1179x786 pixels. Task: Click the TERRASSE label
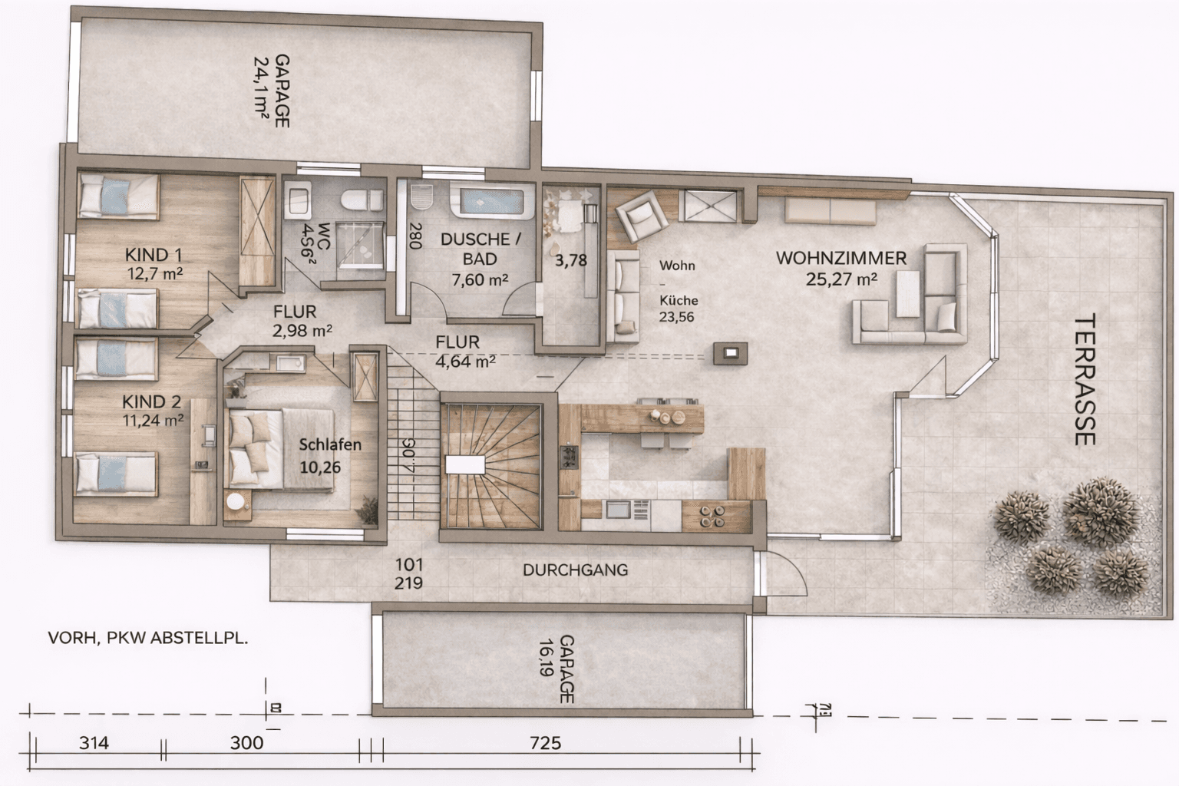1084,380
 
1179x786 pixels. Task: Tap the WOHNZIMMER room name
841,258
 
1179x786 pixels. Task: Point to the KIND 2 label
152,401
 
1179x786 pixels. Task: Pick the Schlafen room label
330,444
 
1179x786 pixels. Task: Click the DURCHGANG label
575,570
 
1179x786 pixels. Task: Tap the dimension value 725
545,742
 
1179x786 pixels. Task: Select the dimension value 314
94,742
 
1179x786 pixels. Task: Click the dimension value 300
246,742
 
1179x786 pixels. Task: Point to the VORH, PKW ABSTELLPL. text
148,638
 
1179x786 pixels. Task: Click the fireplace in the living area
729,353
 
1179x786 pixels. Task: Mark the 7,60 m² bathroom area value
480,279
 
